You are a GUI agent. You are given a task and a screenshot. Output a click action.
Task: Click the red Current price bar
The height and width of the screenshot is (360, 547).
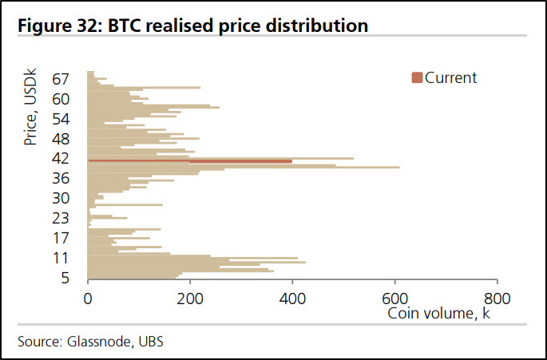point(240,161)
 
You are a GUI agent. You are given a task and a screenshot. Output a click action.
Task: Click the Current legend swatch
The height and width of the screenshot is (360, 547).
point(417,77)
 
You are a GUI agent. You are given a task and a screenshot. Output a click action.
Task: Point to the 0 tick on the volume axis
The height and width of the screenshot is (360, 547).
point(88,299)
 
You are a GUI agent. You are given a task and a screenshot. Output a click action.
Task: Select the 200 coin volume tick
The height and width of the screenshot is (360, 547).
point(190,299)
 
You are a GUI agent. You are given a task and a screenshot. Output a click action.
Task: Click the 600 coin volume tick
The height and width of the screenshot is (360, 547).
point(394,299)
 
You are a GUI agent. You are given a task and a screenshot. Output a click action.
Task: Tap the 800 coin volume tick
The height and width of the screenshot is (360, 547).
point(497,299)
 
